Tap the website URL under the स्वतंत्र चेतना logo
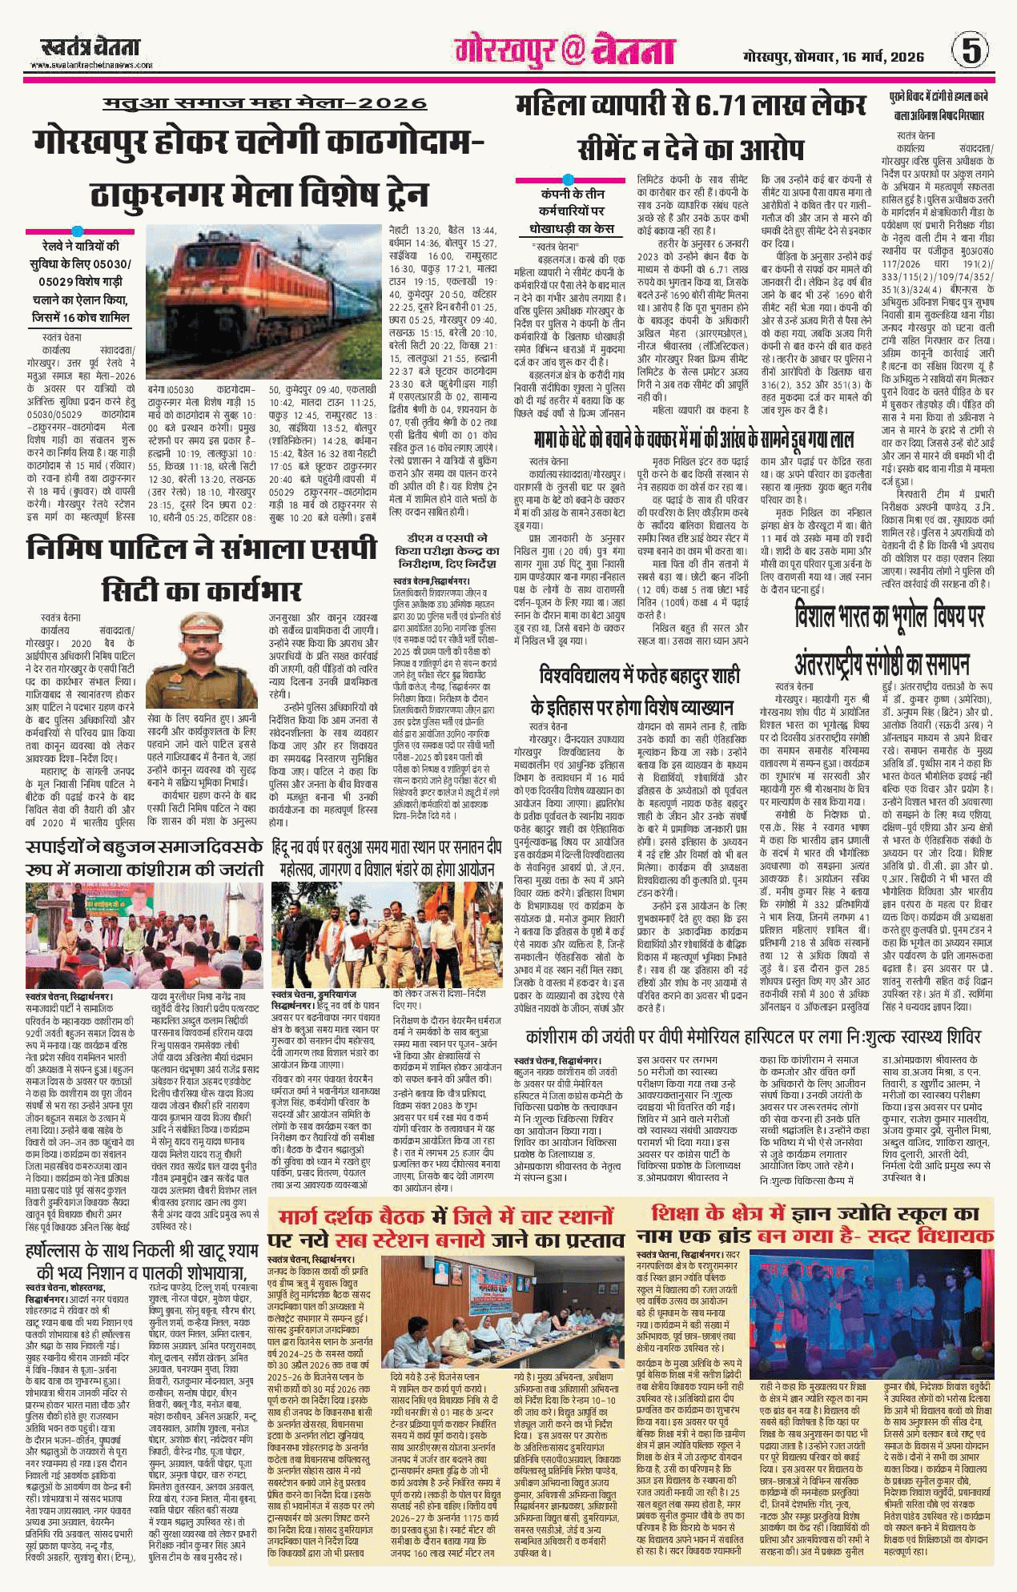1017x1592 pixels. (x=91, y=66)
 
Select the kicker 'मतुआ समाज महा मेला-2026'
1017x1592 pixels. (x=265, y=104)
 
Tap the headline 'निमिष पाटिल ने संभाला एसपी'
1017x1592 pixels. (x=202, y=549)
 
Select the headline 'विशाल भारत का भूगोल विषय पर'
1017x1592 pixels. (x=889, y=617)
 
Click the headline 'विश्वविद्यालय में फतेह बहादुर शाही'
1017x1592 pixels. (x=639, y=676)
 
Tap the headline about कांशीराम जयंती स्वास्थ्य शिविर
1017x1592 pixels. (x=753, y=1036)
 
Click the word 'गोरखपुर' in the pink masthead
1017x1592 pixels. (x=504, y=51)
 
